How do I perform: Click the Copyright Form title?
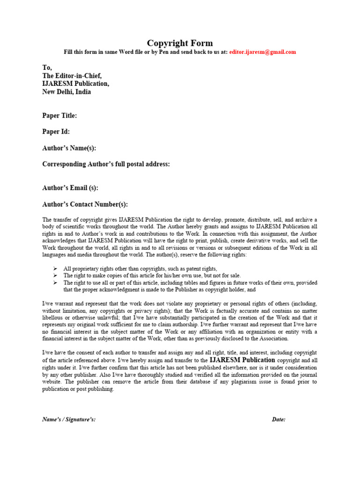pyautogui.click(x=180, y=43)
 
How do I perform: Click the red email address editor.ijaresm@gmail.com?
pyautogui.click(x=262, y=52)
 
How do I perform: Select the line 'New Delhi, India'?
pyautogui.click(x=67, y=92)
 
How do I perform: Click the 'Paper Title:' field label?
pyautogui.click(x=60, y=115)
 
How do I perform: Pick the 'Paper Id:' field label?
pyautogui.click(x=56, y=132)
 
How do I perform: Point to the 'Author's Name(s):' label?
pyautogui.click(x=69, y=148)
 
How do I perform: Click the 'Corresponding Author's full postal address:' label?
pyautogui.click(x=106, y=164)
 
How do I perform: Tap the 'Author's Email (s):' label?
pyautogui.click(x=70, y=188)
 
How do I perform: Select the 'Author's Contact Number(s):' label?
pyautogui.click(x=85, y=204)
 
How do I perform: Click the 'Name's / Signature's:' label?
pyautogui.click(x=69, y=420)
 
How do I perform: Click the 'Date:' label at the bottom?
pyautogui.click(x=278, y=420)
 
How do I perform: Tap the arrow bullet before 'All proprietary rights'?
pyautogui.click(x=55, y=269)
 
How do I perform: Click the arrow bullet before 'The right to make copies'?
pyautogui.click(x=55, y=276)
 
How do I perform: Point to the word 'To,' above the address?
pyautogui.click(x=47, y=68)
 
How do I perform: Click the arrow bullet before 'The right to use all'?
pyautogui.click(x=55, y=283)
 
